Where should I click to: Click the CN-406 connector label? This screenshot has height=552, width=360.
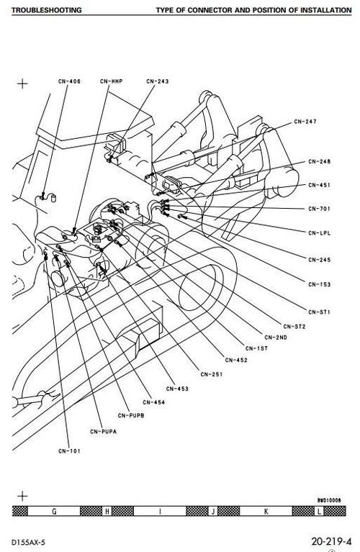click(69, 81)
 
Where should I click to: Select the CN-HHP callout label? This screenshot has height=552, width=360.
click(113, 81)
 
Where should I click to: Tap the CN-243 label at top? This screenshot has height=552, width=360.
click(157, 81)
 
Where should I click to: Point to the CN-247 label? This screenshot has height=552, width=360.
click(306, 122)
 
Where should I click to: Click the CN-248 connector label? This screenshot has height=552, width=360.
click(320, 161)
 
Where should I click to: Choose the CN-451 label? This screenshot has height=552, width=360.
click(320, 185)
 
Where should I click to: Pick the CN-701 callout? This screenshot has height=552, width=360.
click(320, 209)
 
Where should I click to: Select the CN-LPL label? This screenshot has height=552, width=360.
click(320, 232)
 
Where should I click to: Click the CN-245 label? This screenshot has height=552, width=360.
click(320, 259)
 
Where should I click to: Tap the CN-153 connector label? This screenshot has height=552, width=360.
click(320, 284)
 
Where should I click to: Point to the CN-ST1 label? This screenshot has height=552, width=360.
click(320, 311)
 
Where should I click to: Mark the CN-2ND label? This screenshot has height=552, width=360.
click(276, 337)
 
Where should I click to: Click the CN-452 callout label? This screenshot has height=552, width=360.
click(236, 360)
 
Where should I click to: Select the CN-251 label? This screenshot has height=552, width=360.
click(212, 374)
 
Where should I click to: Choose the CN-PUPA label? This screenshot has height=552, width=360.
click(103, 431)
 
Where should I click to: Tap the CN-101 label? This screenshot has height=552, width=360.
click(69, 451)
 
